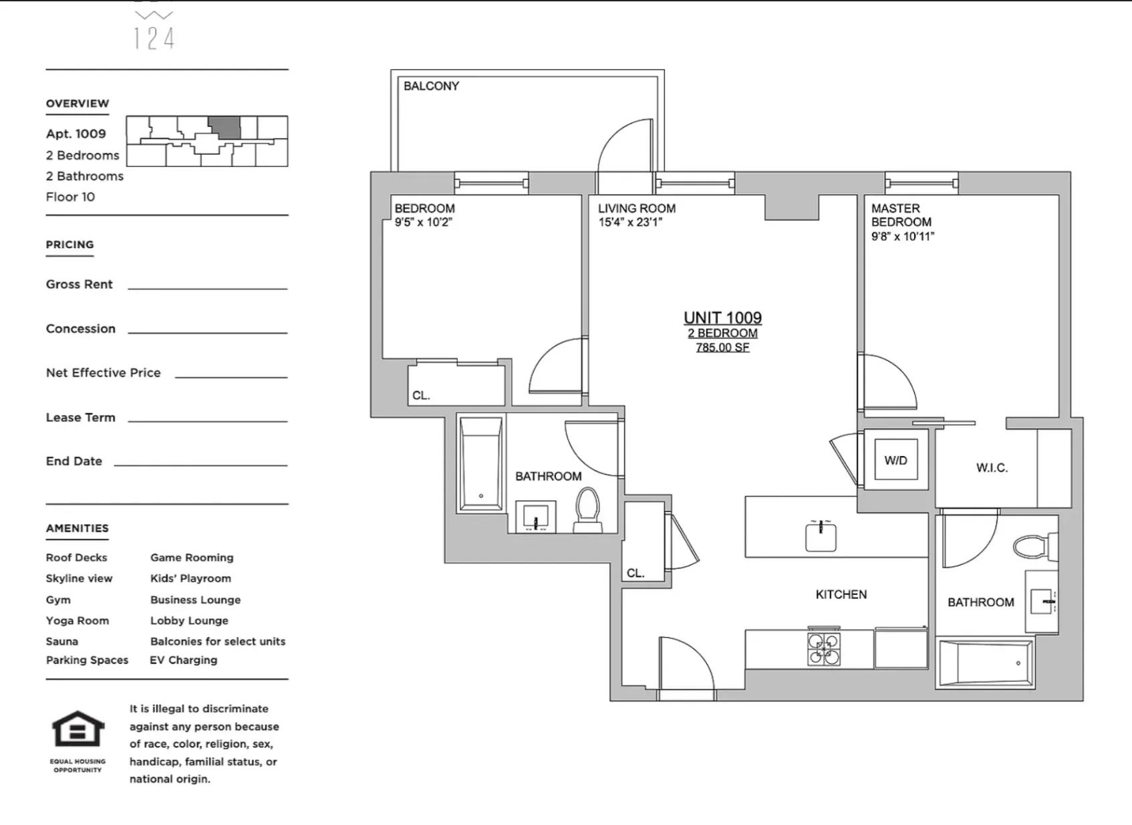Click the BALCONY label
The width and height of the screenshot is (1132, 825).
(x=431, y=86)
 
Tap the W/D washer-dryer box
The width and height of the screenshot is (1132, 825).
(x=895, y=460)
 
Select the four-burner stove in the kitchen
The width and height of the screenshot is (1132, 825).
(x=823, y=648)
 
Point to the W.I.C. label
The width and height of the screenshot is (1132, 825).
(x=992, y=468)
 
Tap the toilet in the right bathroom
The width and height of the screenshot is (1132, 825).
(x=1032, y=546)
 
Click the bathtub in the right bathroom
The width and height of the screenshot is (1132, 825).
(x=985, y=662)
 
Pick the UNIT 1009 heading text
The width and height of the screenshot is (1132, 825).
(x=722, y=318)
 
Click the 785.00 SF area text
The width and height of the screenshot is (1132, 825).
(x=722, y=348)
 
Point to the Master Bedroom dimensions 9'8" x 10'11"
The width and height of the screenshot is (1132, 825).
(x=902, y=236)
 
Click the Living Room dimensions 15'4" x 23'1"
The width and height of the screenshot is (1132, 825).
(x=629, y=222)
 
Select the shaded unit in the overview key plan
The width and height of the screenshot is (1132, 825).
(x=224, y=127)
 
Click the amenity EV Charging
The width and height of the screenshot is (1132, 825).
(x=183, y=660)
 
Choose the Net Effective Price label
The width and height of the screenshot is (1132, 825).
(x=103, y=373)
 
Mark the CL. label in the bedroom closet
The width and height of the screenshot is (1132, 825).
(x=421, y=395)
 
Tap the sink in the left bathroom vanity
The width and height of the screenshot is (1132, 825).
(x=535, y=517)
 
